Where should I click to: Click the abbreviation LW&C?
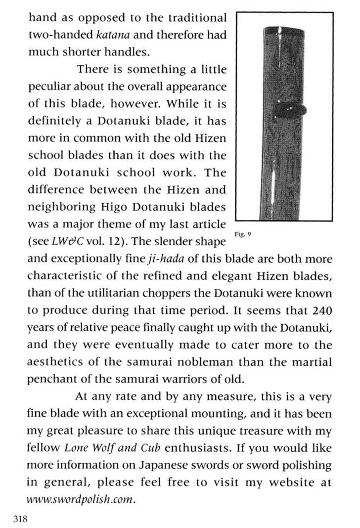coord(64,242)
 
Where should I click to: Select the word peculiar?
coord(49,87)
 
